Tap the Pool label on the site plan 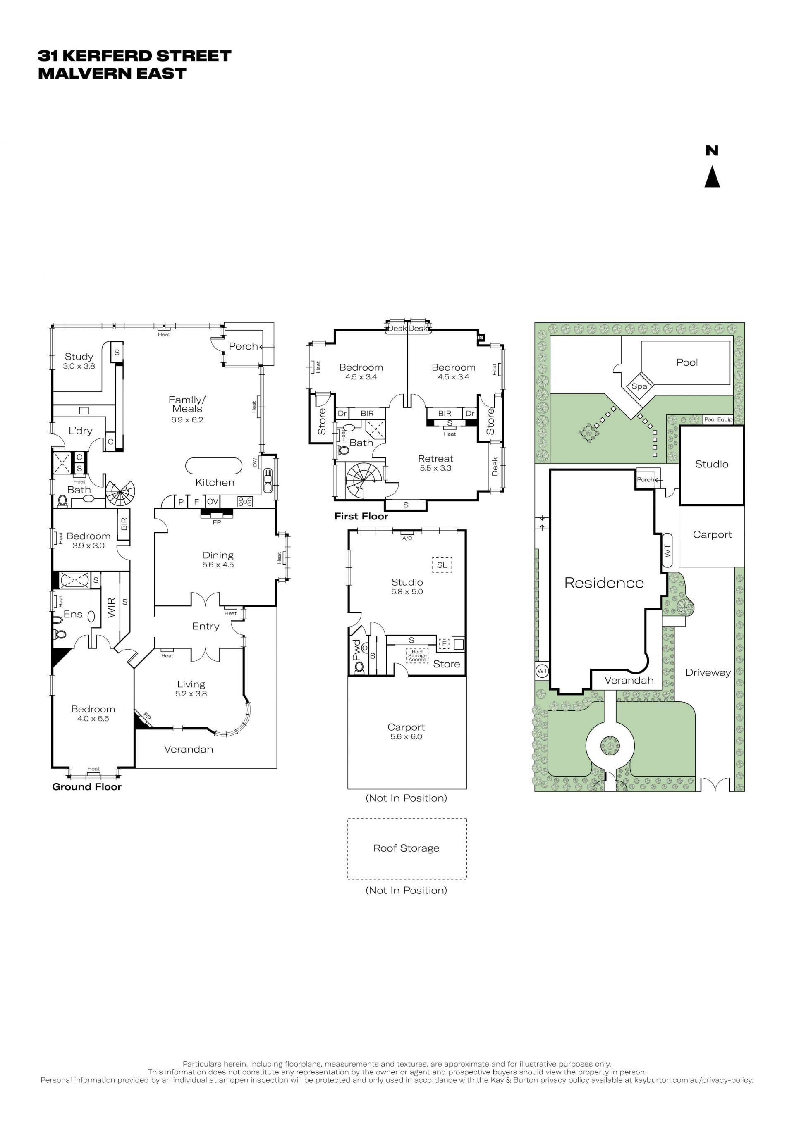coord(687,362)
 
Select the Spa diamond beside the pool coord(639,386)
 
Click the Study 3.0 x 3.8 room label coord(79,361)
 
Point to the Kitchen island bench coord(214,466)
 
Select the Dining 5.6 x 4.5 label coord(218,560)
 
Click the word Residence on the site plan coord(604,583)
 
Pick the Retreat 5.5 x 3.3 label coord(435,463)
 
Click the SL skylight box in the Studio coord(442,565)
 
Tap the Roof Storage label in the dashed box coord(406,848)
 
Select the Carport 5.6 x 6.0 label coord(406,731)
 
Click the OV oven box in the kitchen coord(212,501)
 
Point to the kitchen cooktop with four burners coord(245,501)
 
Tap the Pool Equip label coord(718,419)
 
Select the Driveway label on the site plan coord(708,672)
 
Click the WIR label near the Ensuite coord(112,607)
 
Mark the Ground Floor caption coord(87,787)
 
